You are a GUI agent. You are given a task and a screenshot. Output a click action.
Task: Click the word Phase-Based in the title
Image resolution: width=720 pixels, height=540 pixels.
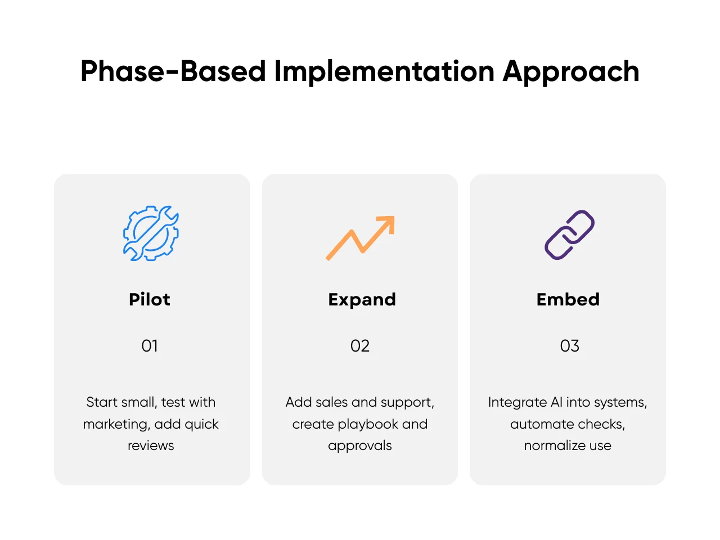pyautogui.click(x=173, y=71)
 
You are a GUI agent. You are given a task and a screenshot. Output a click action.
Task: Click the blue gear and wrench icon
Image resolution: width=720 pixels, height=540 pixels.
pyautogui.click(x=151, y=233)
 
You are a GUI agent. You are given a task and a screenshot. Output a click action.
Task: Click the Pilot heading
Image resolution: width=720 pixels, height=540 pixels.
pyautogui.click(x=150, y=299)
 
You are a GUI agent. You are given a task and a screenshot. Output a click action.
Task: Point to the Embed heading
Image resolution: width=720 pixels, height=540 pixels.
pyautogui.click(x=568, y=299)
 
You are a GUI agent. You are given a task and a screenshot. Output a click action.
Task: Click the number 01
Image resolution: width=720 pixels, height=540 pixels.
pyautogui.click(x=150, y=346)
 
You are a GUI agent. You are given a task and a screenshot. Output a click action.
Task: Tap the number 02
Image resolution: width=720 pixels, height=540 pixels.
pyautogui.click(x=360, y=346)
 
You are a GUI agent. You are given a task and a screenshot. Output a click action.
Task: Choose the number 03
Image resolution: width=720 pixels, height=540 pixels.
pyautogui.click(x=569, y=346)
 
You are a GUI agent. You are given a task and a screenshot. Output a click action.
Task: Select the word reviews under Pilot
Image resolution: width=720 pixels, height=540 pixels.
pyautogui.click(x=151, y=446)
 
